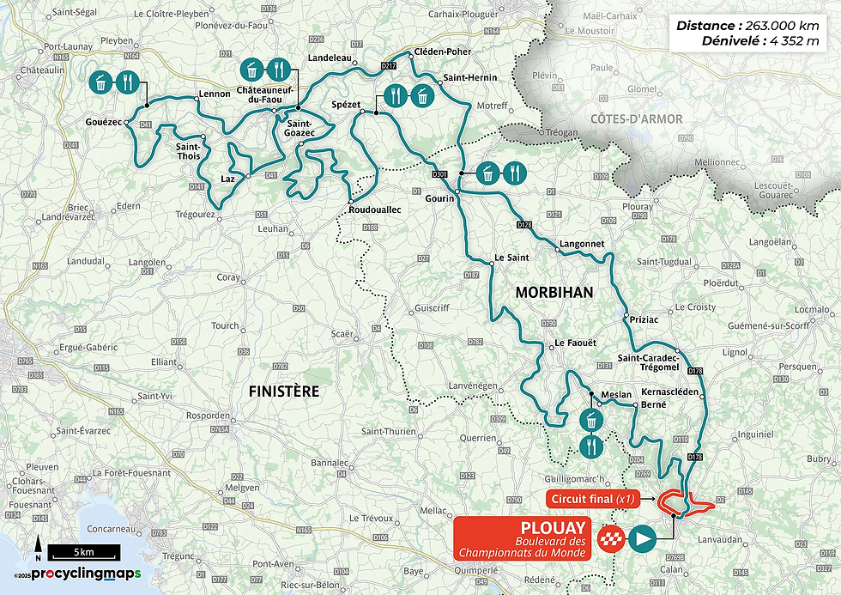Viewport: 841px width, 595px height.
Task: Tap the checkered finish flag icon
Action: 610,539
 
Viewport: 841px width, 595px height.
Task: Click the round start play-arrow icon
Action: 642,539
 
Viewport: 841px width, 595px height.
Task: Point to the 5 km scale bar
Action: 77,550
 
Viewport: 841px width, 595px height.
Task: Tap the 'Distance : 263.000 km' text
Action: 747,26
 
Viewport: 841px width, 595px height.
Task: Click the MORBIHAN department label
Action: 554,293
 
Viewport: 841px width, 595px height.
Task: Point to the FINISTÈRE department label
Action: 283,392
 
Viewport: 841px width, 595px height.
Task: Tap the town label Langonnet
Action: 582,244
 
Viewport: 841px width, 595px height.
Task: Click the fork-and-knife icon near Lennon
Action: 128,82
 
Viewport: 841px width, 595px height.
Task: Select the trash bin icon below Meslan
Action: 592,421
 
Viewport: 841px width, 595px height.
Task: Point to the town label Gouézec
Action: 104,123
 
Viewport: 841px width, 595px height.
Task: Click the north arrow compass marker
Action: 39,546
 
